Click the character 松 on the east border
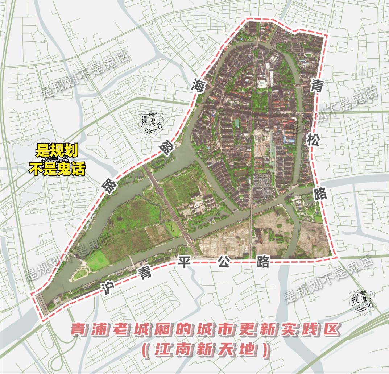point(313,140)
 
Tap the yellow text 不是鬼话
point(57,169)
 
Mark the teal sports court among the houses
point(237,123)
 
